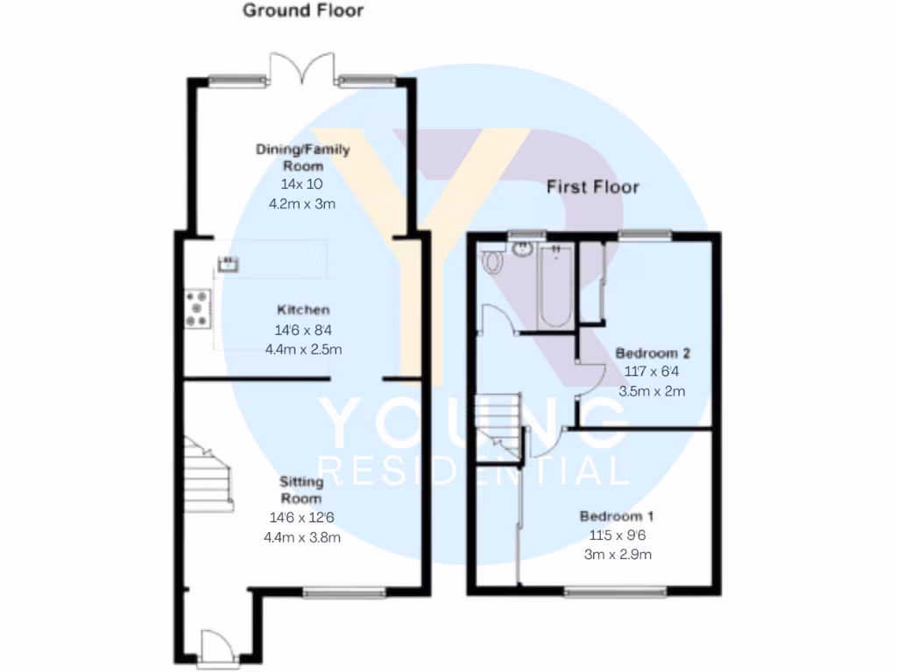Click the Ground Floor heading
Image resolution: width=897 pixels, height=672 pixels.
tap(302, 11)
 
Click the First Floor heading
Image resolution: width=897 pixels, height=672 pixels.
tap(593, 186)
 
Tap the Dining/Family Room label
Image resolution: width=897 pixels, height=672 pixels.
tap(302, 157)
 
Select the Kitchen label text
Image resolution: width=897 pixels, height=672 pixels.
tap(303, 310)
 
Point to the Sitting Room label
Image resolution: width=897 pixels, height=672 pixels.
tap(300, 489)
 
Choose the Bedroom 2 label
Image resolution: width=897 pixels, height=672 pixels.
tap(653, 353)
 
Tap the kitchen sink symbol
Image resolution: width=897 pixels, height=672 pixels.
tap(229, 262)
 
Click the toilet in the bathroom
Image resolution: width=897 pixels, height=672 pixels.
tap(491, 261)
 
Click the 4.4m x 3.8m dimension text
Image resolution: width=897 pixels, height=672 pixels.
tap(302, 537)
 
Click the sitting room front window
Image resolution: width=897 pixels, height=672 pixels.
tap(344, 593)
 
